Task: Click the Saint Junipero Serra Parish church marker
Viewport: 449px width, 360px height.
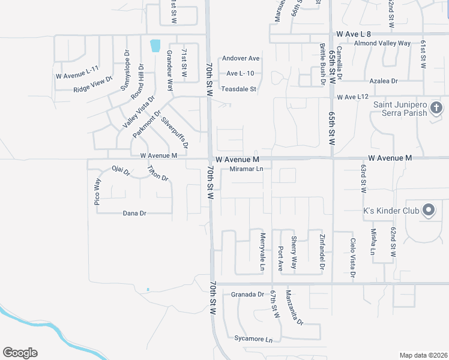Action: [436, 108]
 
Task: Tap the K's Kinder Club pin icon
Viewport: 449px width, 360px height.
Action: [429, 211]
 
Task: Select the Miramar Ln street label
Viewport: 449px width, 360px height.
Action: [247, 169]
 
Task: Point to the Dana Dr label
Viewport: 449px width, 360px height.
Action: [134, 213]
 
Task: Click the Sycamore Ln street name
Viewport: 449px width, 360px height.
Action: [253, 339]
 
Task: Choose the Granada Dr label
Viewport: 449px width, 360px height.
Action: [247, 295]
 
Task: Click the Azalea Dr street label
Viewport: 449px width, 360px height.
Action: [384, 80]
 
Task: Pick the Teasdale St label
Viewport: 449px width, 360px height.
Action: [239, 89]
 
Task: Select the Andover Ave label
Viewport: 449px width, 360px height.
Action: [241, 58]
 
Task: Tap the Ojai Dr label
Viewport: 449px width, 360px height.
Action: [121, 171]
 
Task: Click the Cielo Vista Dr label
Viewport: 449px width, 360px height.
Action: [352, 258]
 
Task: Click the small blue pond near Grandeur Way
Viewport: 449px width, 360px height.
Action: [156, 45]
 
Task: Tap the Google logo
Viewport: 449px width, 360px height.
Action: [20, 353]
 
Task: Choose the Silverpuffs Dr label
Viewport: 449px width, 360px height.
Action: [175, 131]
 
